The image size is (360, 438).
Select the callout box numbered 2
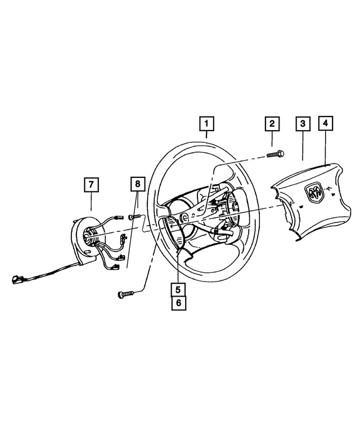pyautogui.click(x=272, y=123)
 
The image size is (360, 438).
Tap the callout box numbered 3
pyautogui.click(x=303, y=123)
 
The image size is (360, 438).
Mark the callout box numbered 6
pyautogui.click(x=178, y=303)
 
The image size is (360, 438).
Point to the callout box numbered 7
pyautogui.click(x=91, y=184)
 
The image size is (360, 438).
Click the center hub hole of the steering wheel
pyautogui.click(x=185, y=217)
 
